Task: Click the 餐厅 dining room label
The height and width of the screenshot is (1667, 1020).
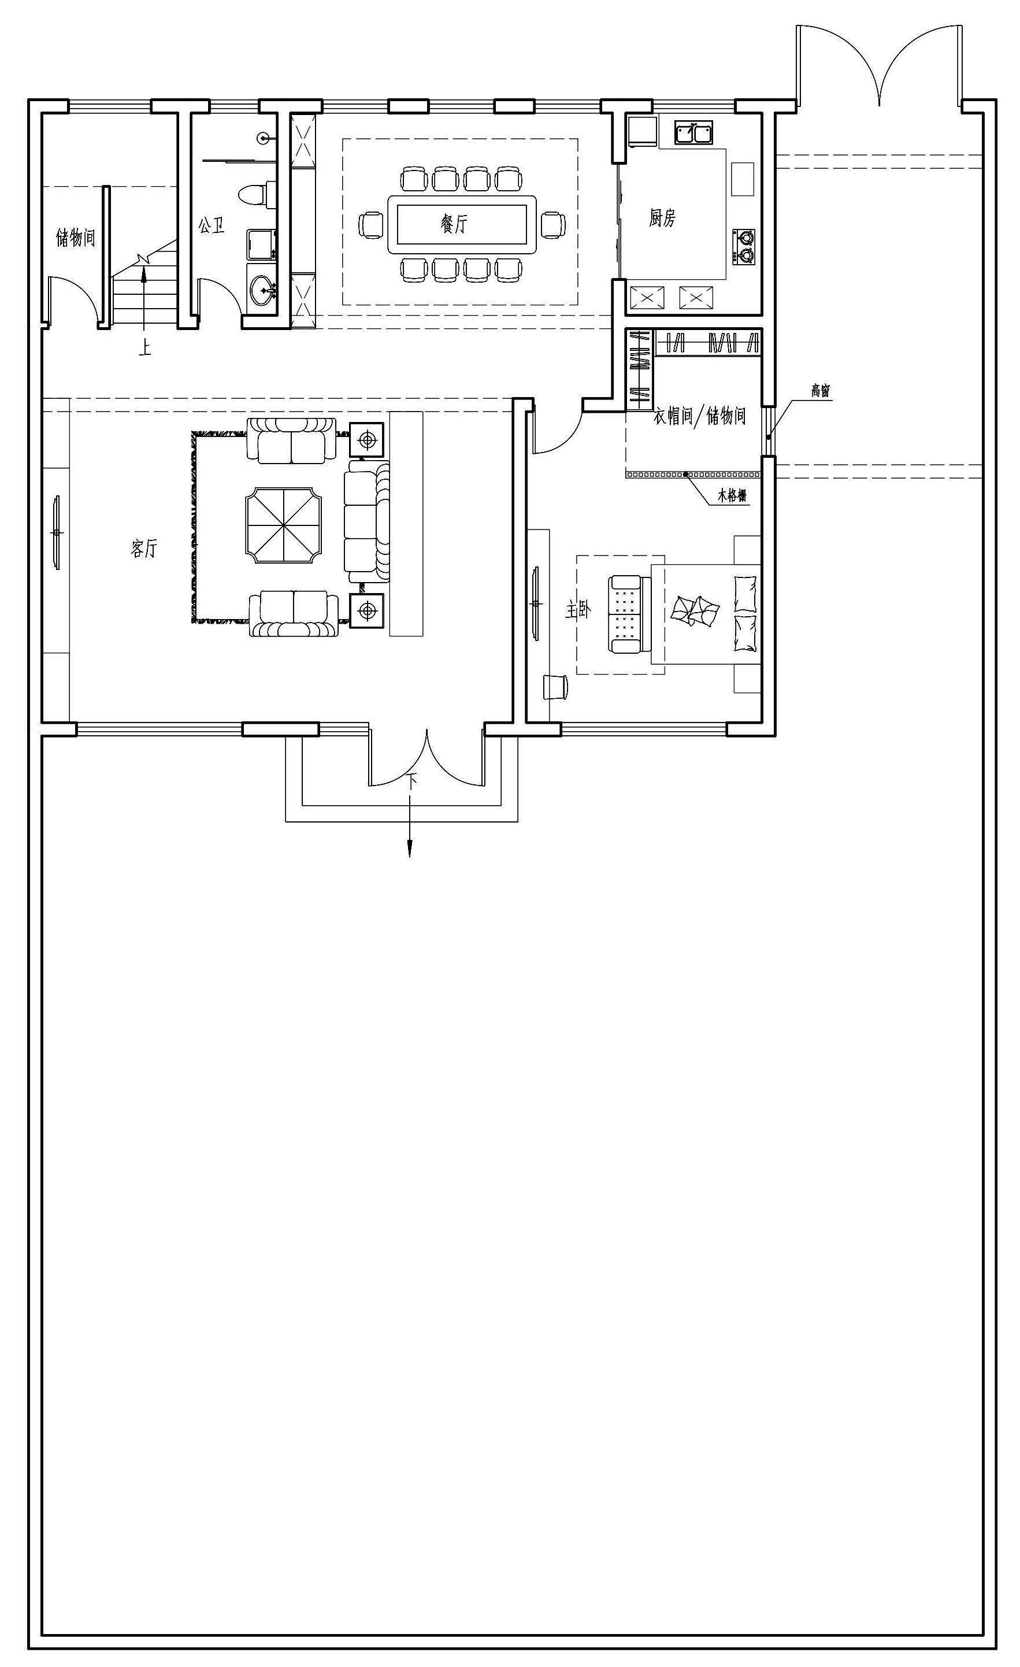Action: [x=454, y=223]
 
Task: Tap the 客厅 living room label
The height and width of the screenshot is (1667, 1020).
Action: [x=143, y=548]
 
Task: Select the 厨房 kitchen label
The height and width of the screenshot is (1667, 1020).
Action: [x=662, y=218]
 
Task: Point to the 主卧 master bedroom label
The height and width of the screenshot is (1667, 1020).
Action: [x=578, y=611]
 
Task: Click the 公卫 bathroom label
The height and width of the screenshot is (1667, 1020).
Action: [x=211, y=225]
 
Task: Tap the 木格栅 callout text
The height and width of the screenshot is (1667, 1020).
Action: [x=733, y=496]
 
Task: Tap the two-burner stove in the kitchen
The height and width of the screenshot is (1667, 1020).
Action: [x=744, y=247]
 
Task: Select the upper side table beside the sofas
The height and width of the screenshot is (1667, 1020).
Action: [x=366, y=440]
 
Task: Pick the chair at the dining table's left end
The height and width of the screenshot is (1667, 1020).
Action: [x=370, y=225]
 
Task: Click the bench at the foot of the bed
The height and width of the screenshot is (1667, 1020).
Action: [x=625, y=614]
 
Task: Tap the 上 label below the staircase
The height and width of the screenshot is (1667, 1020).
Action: [x=144, y=348]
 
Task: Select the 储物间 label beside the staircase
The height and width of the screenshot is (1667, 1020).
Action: [x=75, y=237]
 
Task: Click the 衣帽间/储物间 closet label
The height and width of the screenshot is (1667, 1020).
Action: [x=699, y=416]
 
